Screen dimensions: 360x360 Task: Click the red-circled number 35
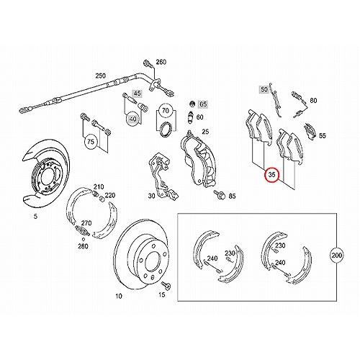(272, 175)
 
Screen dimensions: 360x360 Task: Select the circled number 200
(336, 256)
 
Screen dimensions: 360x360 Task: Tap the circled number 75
(91, 142)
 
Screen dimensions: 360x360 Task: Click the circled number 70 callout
(166, 112)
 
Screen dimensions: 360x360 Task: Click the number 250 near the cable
(100, 75)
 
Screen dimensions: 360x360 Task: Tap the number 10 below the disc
(118, 296)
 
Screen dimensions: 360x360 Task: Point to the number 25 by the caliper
(204, 131)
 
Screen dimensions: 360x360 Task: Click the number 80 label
(313, 102)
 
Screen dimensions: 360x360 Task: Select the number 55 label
(323, 135)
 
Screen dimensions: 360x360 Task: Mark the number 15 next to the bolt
(162, 296)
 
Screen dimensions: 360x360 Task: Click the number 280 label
(84, 247)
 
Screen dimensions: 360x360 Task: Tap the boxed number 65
(203, 104)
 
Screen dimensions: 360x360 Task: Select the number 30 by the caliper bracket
(150, 195)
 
